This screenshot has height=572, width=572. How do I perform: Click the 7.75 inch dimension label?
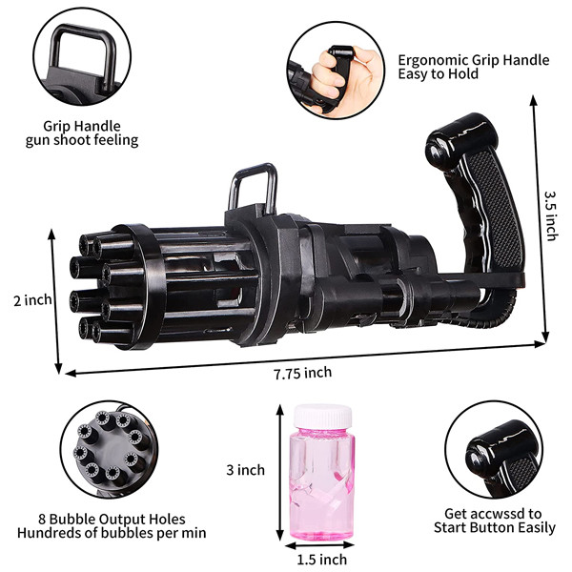pos(303,373)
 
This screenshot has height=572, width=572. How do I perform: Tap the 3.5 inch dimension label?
pos(551,216)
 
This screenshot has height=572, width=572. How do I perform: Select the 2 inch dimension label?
pos(32,300)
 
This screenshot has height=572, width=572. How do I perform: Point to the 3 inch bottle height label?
pos(246,470)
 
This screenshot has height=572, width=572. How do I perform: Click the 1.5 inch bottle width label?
pos(322,560)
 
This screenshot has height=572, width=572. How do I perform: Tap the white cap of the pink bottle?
pos(323,417)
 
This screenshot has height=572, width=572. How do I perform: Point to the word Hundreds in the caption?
pos(44,533)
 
